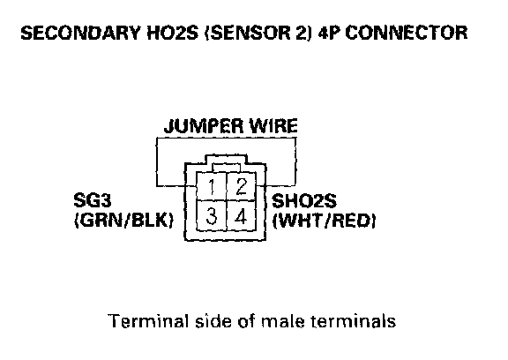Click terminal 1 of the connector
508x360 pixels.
click(212, 186)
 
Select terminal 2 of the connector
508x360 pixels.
click(241, 186)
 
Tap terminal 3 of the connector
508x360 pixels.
click(212, 216)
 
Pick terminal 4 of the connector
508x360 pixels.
click(241, 216)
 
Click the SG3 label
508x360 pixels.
click(93, 200)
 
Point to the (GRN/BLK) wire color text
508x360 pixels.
click(124, 221)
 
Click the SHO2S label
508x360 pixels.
click(304, 201)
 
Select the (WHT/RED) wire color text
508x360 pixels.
click(324, 221)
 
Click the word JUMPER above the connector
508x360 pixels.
click(204, 126)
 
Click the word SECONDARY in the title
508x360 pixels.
click(81, 33)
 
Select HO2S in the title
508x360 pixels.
click(172, 33)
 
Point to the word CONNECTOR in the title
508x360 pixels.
click(407, 33)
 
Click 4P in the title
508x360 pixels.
click(329, 33)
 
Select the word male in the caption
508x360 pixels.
click(283, 321)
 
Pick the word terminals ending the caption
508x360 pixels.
click(353, 321)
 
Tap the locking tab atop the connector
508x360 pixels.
click(226, 160)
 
